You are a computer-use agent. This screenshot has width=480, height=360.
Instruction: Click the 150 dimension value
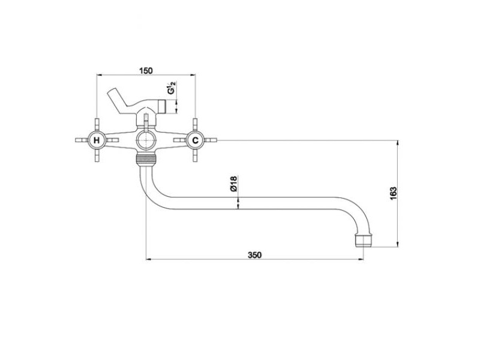pos(146,70)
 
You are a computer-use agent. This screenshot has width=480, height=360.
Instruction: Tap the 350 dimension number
pos(254,254)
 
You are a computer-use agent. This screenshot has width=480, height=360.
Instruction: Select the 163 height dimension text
pos(394,193)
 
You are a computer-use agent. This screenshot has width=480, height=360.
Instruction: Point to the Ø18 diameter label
pos(233,184)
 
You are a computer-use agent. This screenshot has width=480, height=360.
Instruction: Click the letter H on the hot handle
pos(97,140)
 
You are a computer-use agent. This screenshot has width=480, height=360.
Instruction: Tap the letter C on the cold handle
pos(195,140)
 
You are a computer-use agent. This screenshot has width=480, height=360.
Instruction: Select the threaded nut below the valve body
pos(146,159)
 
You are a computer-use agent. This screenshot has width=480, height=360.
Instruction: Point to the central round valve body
pos(146,140)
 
